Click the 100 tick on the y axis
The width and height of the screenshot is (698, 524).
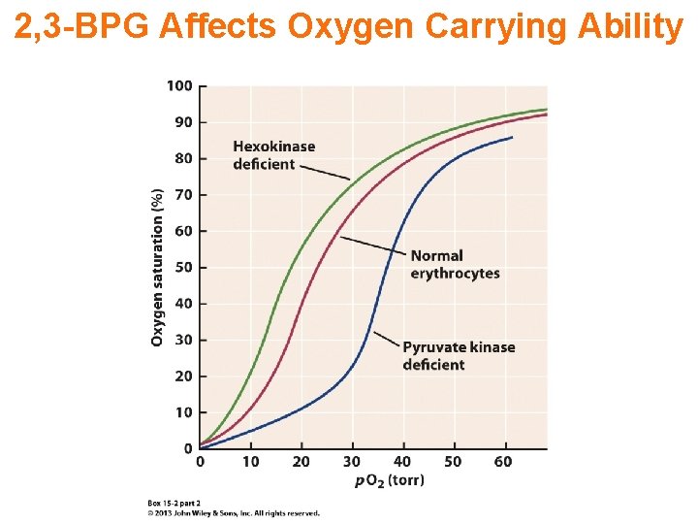coord(179,85)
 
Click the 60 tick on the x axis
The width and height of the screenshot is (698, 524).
coord(503,462)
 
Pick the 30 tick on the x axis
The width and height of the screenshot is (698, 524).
coord(351,462)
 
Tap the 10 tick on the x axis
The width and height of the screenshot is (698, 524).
coord(250,462)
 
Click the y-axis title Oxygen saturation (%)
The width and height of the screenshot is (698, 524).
coord(157,267)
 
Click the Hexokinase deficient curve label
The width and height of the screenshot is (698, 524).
coord(273,155)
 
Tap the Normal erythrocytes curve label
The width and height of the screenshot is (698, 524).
coord(455,265)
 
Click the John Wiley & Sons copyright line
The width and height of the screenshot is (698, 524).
coord(233,512)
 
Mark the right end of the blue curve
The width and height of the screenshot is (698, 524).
coord(511,138)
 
